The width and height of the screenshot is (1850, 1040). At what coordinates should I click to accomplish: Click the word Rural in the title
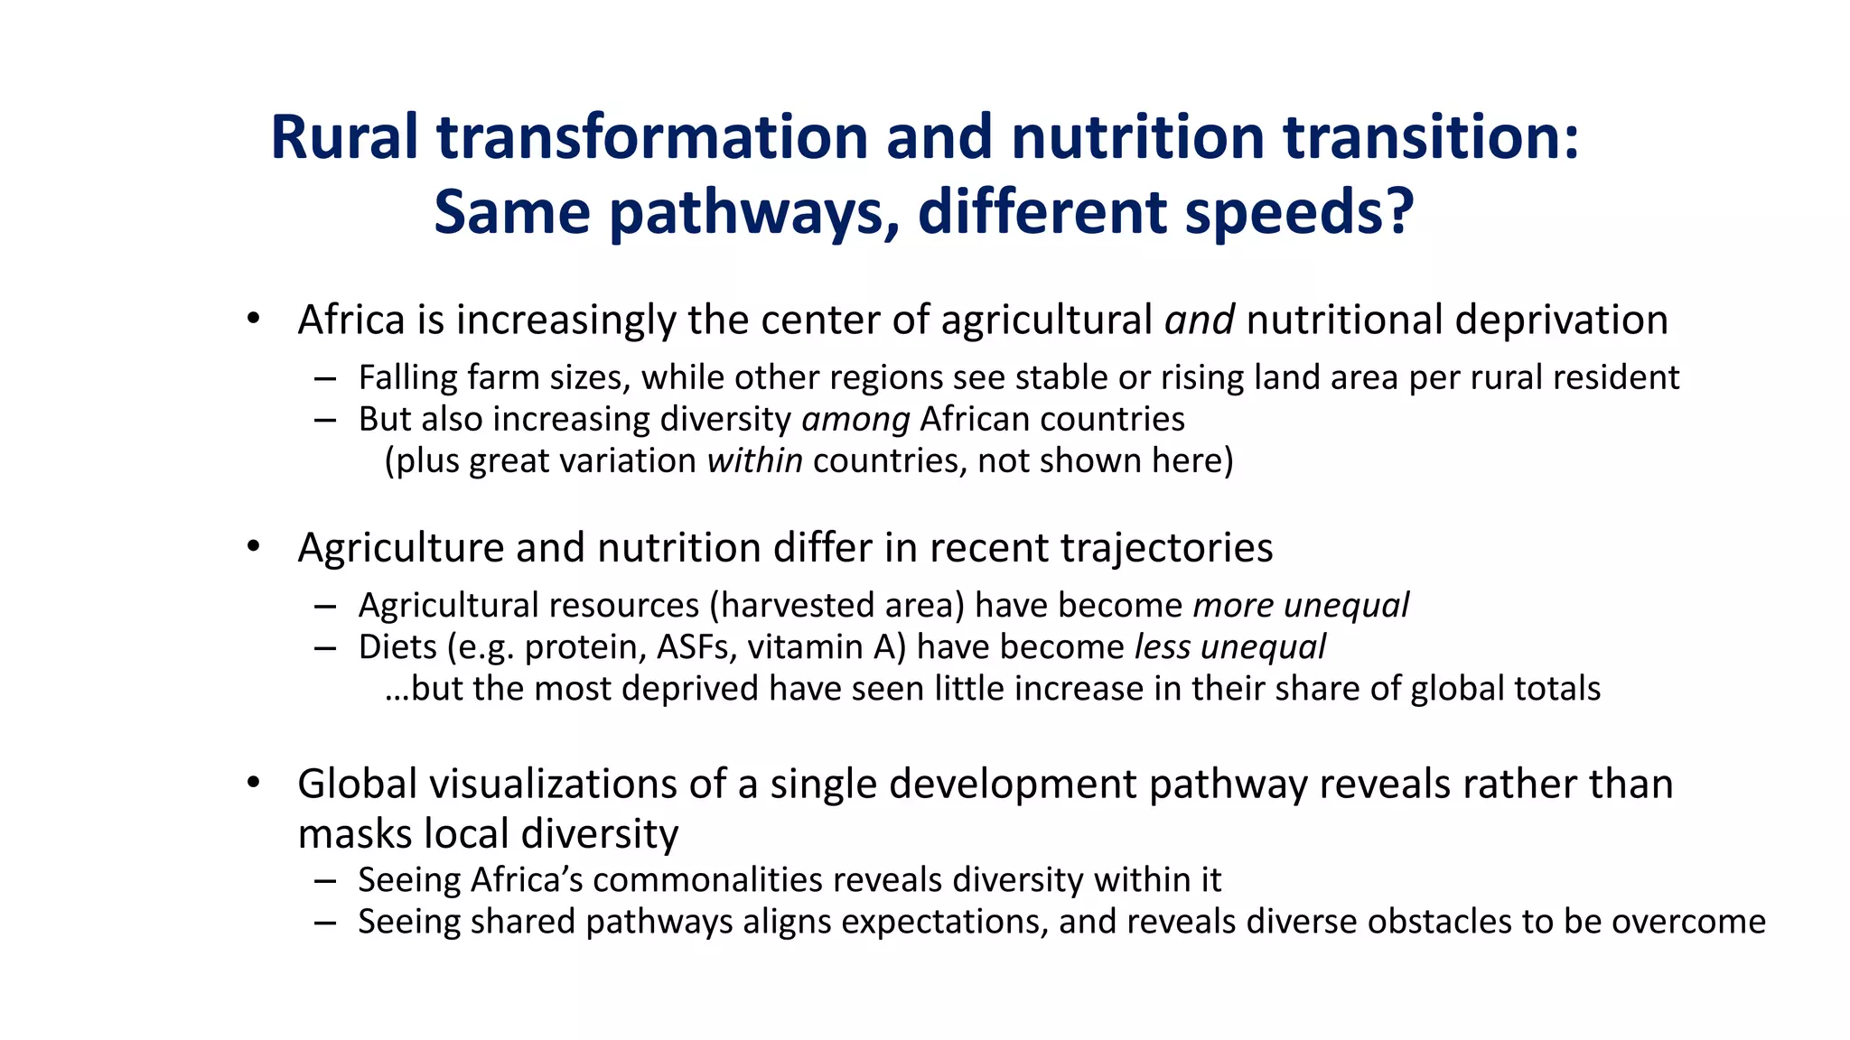tap(344, 138)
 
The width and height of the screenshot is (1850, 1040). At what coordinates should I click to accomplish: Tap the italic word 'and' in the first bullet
tap(1199, 320)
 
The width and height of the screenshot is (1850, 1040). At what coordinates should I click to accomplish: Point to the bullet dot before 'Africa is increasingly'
tap(254, 319)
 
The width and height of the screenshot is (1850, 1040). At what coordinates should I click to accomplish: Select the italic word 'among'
tap(855, 420)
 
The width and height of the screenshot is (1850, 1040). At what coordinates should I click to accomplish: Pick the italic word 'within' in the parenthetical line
tap(754, 461)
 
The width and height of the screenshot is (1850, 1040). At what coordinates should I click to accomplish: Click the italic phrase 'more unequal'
tap(1301, 606)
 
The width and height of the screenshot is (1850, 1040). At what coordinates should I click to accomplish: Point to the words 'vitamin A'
tap(826, 647)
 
